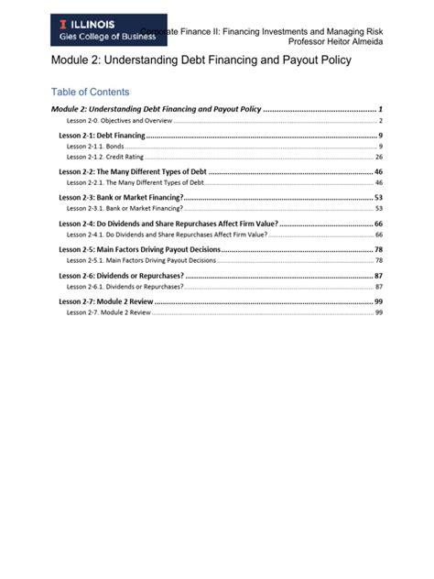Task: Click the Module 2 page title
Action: pos(200,60)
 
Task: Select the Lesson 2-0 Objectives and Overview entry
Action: pos(118,121)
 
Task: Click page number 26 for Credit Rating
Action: pos(378,157)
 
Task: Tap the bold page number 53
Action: pos(378,198)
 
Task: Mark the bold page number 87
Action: pos(378,276)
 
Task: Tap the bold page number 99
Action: pos(378,301)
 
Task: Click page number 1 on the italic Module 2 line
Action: pos(380,109)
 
